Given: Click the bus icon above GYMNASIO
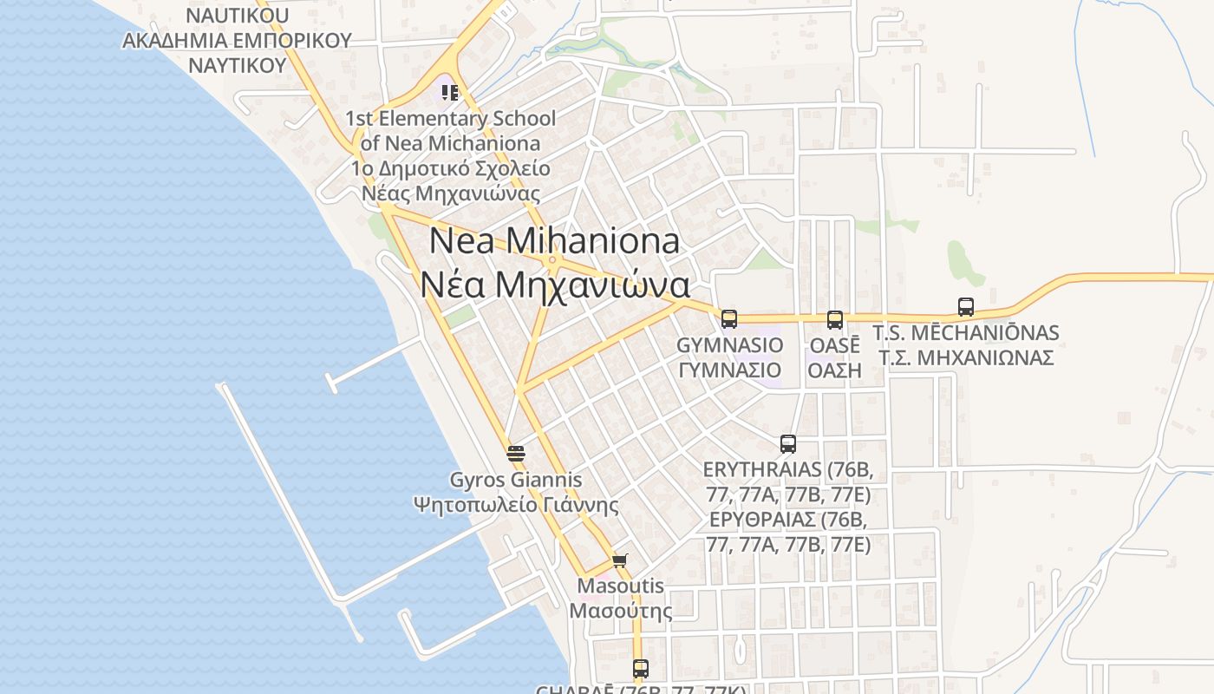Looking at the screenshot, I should tap(729, 319).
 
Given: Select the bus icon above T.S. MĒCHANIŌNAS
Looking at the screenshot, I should tap(966, 306).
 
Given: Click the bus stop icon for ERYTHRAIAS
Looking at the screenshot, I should tap(788, 444).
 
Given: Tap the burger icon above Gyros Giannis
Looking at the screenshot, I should tap(516, 454).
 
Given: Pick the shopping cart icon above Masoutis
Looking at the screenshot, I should tap(619, 560).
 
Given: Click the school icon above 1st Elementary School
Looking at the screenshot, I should tap(449, 92).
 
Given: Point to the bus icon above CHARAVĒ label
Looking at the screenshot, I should tap(641, 668).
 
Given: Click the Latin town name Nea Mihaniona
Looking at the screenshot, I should tap(554, 240).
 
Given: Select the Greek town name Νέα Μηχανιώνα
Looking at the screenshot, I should tap(555, 285).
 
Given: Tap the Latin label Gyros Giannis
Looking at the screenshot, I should tap(516, 480).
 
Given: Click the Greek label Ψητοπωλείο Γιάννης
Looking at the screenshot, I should tap(516, 505).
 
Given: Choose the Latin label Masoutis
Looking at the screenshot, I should tap(621, 586).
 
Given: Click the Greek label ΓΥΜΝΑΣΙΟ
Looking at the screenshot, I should tap(729, 370).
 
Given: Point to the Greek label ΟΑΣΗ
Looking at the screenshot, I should tap(835, 370).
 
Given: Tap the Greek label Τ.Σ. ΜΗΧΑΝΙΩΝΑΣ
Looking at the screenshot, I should tap(966, 357).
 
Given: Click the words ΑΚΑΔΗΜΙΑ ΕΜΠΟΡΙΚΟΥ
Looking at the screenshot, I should tap(237, 41).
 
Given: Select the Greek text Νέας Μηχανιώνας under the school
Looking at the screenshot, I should tap(450, 193).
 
